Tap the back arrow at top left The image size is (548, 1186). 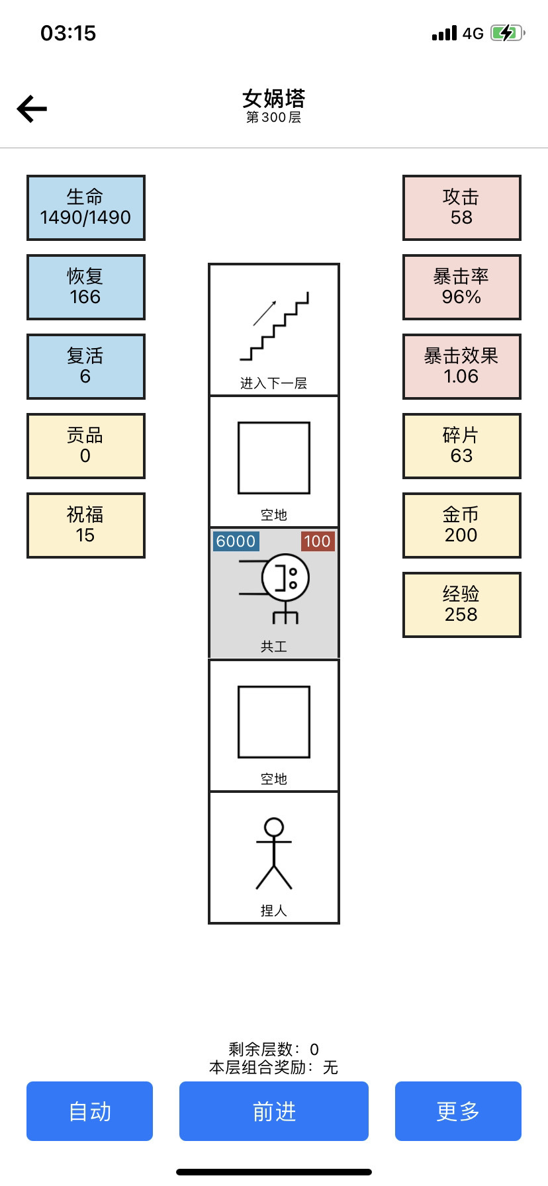click(32, 109)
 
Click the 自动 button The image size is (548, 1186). click(89, 1111)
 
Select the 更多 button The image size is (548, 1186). click(458, 1111)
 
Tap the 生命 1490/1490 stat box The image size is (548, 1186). click(85, 208)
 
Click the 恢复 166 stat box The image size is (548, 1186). click(85, 287)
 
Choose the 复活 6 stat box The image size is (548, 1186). click(85, 367)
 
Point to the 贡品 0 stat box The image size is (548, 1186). click(85, 446)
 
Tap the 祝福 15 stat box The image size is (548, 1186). click(85, 525)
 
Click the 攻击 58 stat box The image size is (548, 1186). click(462, 208)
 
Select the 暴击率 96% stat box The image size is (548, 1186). click(462, 287)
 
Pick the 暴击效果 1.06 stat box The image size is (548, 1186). click(462, 367)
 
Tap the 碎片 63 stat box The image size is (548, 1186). click(462, 446)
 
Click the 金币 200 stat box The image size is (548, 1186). click(462, 525)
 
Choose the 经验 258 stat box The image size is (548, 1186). click(462, 605)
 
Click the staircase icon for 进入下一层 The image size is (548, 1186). click(274, 326)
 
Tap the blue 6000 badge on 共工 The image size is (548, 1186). click(236, 541)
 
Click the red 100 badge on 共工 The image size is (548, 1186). click(318, 541)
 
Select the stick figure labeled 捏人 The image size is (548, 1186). click(274, 854)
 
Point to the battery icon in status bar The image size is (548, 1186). click(508, 32)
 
